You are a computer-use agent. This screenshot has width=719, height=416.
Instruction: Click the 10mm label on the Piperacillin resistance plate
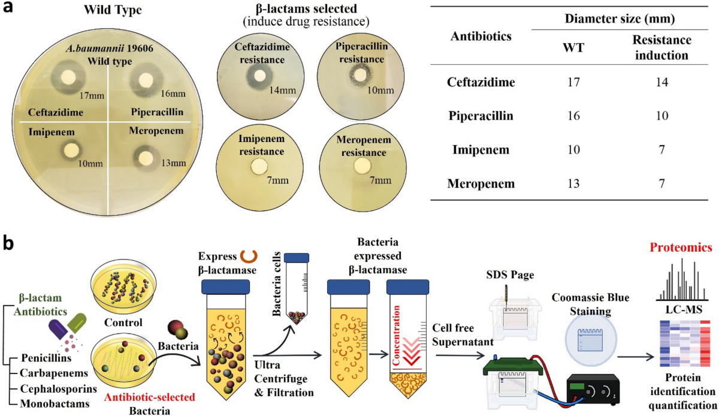click(381, 91)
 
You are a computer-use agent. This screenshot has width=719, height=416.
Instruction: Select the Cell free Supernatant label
click(457, 334)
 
